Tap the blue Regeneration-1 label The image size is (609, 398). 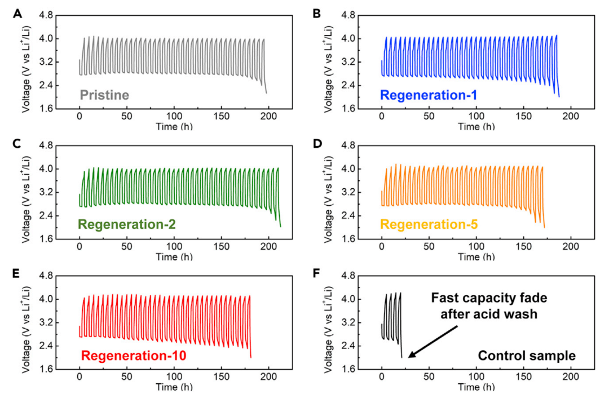[429, 95]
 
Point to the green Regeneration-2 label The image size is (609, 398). [127, 224]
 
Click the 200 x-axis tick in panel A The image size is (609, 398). [269, 116]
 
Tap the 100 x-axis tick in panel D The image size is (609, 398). [476, 246]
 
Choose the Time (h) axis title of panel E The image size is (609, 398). [174, 387]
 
